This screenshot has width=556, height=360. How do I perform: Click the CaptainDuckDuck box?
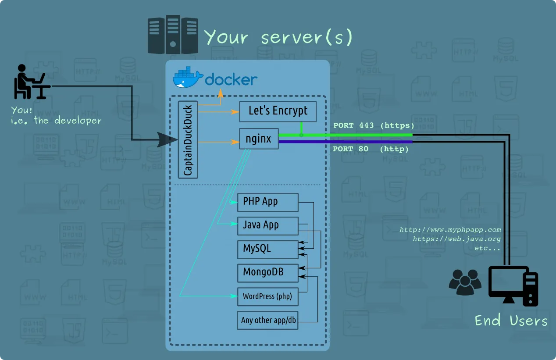[x=188, y=140]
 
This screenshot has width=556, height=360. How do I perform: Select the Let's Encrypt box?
[x=278, y=111]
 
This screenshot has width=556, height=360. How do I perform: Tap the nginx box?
[x=259, y=139]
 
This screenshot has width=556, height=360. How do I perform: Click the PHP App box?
[x=267, y=202]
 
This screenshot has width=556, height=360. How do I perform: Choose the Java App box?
[x=267, y=225]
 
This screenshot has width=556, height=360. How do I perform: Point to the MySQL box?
[x=267, y=249]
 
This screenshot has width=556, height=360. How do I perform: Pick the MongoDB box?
[x=267, y=272]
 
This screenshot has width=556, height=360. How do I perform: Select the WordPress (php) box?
[x=267, y=296]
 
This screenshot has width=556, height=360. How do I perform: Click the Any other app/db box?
[x=268, y=320]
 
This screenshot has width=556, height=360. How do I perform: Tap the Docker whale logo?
[x=188, y=78]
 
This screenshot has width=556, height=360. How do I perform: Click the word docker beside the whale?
[x=231, y=79]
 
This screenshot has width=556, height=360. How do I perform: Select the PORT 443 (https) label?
[x=374, y=125]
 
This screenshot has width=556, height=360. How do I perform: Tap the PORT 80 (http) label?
[x=371, y=149]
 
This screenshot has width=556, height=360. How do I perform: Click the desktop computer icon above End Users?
[x=513, y=285]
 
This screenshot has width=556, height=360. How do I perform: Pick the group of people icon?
[x=465, y=282]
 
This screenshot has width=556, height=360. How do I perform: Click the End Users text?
[x=511, y=321]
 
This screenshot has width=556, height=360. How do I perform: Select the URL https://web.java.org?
[x=456, y=239]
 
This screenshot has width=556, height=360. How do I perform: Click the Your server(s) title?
[x=278, y=37]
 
